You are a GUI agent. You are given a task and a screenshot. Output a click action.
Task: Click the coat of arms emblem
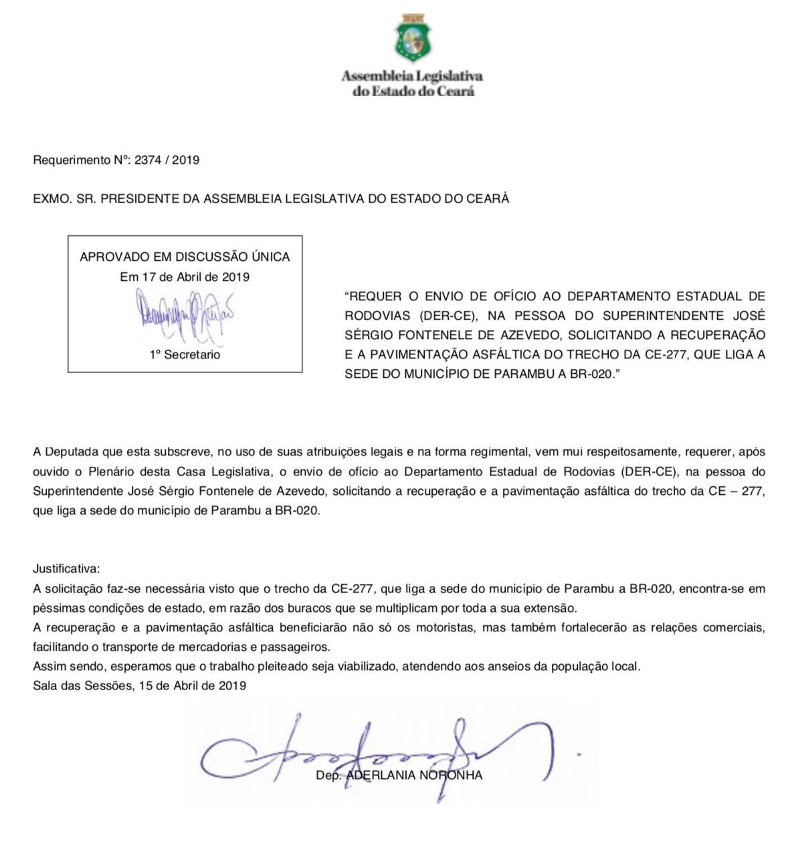(x=412, y=38)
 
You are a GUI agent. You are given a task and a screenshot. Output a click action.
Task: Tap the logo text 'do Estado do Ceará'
(x=413, y=91)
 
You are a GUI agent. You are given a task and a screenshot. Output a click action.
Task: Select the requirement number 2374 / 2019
(x=167, y=160)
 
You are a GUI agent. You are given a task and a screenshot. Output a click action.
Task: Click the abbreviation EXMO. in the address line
(x=49, y=199)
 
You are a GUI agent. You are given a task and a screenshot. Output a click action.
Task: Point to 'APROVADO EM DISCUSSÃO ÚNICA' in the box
(x=185, y=257)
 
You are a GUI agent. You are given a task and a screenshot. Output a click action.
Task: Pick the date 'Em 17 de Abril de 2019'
(x=185, y=277)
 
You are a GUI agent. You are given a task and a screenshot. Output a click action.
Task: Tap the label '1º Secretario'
(x=185, y=354)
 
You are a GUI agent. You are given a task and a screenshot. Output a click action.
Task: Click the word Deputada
(x=71, y=451)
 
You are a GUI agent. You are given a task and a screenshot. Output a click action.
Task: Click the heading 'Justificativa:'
(x=66, y=569)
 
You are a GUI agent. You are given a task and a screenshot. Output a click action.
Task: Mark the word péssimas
(x=57, y=609)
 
